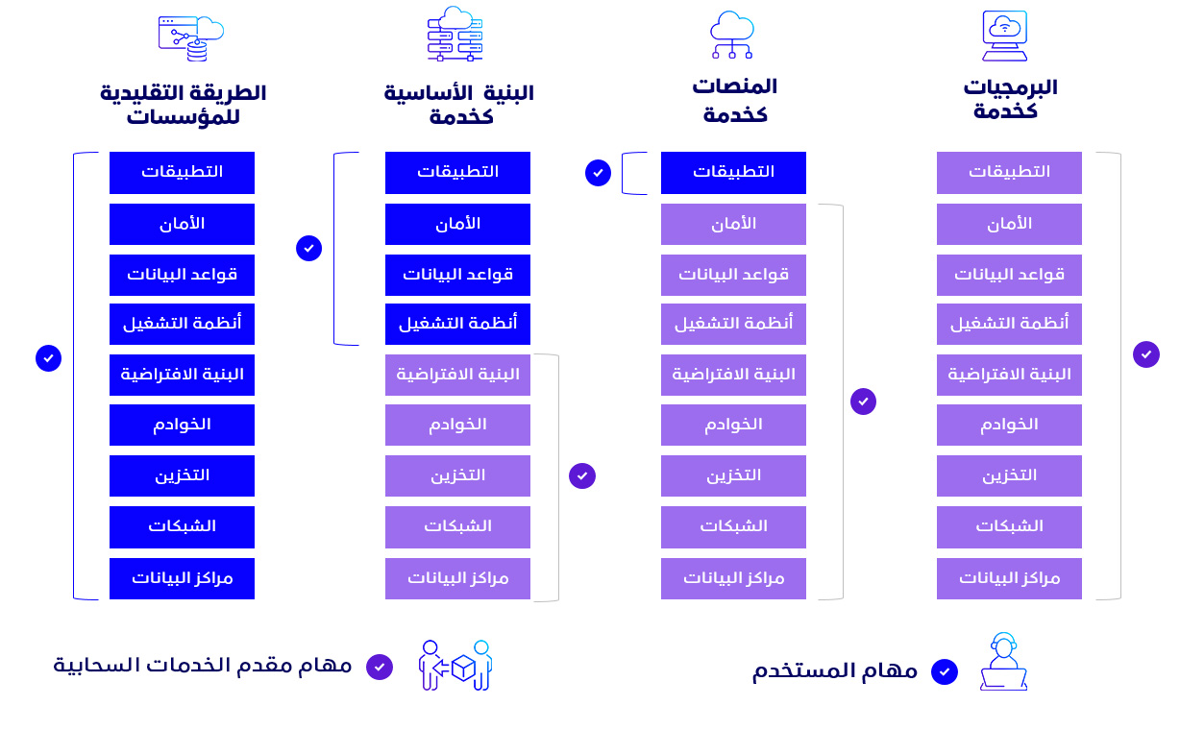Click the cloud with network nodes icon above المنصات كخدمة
[732, 35]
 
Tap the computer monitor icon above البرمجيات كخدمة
[1004, 36]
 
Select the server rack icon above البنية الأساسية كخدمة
[455, 34]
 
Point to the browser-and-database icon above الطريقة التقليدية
[190, 38]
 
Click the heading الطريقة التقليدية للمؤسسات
[184, 105]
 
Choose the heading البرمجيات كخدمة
[1010, 99]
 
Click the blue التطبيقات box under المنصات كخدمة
[733, 173]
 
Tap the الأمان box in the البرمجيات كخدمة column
[1009, 225]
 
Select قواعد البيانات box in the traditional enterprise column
[182, 275]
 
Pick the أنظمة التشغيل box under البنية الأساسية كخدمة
[457, 324]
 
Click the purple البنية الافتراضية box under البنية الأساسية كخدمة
[457, 375]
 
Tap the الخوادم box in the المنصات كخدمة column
[733, 426]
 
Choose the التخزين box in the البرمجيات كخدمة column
[1009, 475]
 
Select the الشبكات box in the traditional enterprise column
[182, 527]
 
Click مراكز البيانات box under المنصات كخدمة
[733, 578]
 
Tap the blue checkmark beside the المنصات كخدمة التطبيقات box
[598, 173]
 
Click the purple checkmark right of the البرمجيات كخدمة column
[1145, 354]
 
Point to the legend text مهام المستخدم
[835, 671]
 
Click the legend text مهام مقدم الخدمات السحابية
[203, 666]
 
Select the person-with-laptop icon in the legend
[1003, 662]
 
